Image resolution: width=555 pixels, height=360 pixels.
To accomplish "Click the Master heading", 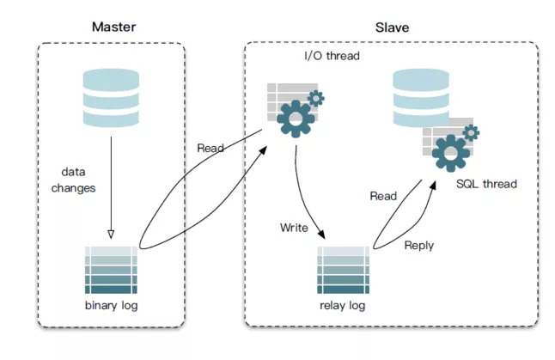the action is point(113,27).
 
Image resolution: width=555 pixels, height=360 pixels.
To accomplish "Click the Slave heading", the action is point(392,27).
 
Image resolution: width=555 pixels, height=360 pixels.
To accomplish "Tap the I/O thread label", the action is point(332,56).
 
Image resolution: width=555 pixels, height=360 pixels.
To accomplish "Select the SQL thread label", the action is point(486,184).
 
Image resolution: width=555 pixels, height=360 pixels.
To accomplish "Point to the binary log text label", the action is point(111,306).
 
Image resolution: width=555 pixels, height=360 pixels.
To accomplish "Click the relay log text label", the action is point(342,306).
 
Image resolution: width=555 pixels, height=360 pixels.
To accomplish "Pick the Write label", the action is point(294,228).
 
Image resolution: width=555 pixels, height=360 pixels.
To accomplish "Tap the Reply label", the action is point(419,246).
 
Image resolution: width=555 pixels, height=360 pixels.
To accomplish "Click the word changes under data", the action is point(73,188).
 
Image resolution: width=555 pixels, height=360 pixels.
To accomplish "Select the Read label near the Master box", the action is point(210,148).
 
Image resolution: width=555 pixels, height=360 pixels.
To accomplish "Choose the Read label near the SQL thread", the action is point(383,196).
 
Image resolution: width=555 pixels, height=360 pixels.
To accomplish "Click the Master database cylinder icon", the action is point(111,98).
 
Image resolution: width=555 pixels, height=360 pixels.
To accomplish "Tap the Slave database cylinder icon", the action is point(421,98).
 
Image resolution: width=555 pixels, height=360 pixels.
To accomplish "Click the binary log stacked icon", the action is point(111,270).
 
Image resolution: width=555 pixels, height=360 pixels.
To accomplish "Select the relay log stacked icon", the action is point(344,270).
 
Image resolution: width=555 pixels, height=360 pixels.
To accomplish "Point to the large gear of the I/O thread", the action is point(296,119).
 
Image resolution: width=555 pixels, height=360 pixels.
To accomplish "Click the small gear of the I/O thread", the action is point(315,98).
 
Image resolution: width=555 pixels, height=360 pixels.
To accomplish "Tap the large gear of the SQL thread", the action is point(450,153).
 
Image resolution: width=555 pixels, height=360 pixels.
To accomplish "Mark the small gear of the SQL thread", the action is point(471,133).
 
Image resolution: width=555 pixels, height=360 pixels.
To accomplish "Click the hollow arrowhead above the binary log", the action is point(111,235).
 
